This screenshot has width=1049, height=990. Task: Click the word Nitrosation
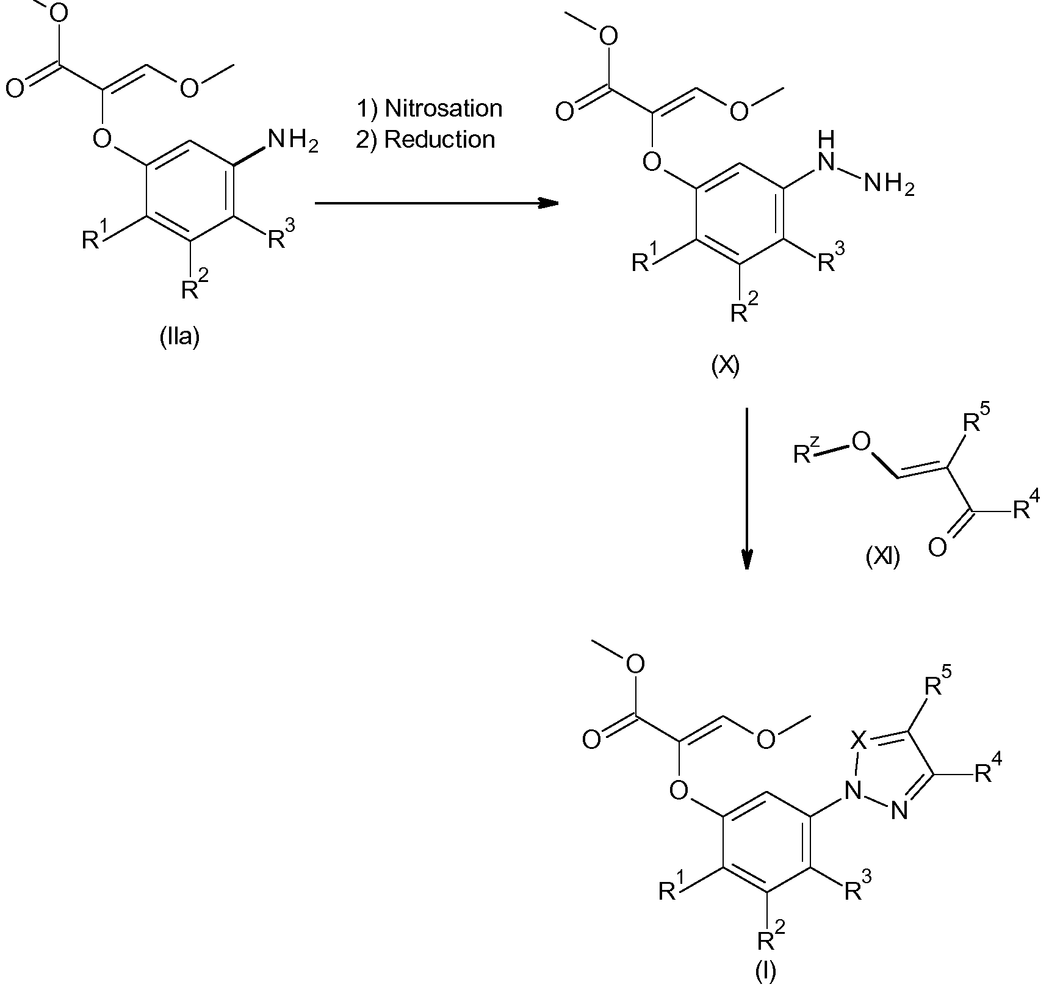[x=443, y=109]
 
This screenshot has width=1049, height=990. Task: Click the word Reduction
[x=439, y=140]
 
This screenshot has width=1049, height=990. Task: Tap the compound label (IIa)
[x=179, y=337]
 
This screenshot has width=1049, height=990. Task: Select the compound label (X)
[x=726, y=366]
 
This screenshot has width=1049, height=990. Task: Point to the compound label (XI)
[x=882, y=557]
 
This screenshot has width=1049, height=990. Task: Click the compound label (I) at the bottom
[x=765, y=973]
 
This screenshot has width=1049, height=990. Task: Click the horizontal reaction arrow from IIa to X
[x=436, y=203]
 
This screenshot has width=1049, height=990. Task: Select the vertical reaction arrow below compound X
[x=747, y=488]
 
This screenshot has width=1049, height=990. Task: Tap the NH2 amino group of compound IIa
[x=292, y=142]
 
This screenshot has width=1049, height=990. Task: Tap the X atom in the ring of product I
[x=858, y=741]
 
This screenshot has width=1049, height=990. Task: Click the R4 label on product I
[x=987, y=772]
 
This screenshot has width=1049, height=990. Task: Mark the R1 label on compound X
[x=646, y=259]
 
